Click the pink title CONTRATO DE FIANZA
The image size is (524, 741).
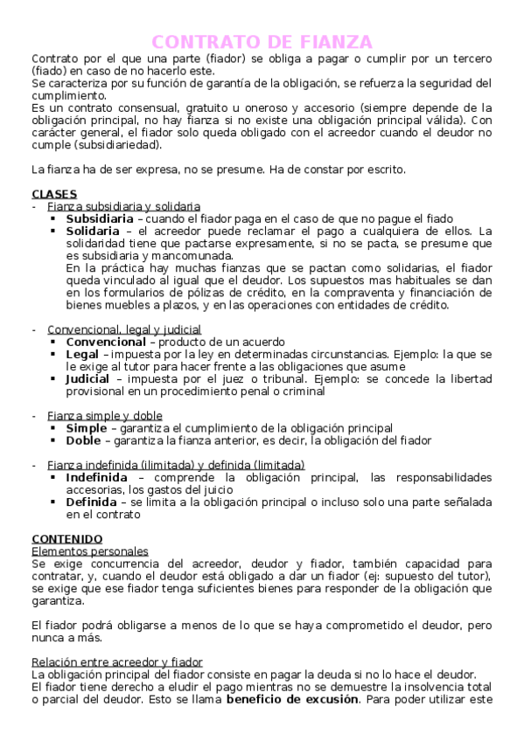tap(262, 42)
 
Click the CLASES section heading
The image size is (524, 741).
tap(54, 193)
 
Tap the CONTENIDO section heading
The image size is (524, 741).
tap(66, 538)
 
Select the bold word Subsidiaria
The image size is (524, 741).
tap(100, 218)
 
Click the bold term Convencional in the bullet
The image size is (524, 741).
tap(106, 342)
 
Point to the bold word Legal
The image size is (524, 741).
tap(82, 354)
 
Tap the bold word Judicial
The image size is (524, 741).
tap(87, 379)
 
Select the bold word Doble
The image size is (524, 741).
tap(83, 440)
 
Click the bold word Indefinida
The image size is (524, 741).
tap(96, 478)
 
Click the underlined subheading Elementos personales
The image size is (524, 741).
tap(89, 551)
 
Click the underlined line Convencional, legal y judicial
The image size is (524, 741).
tap(124, 329)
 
